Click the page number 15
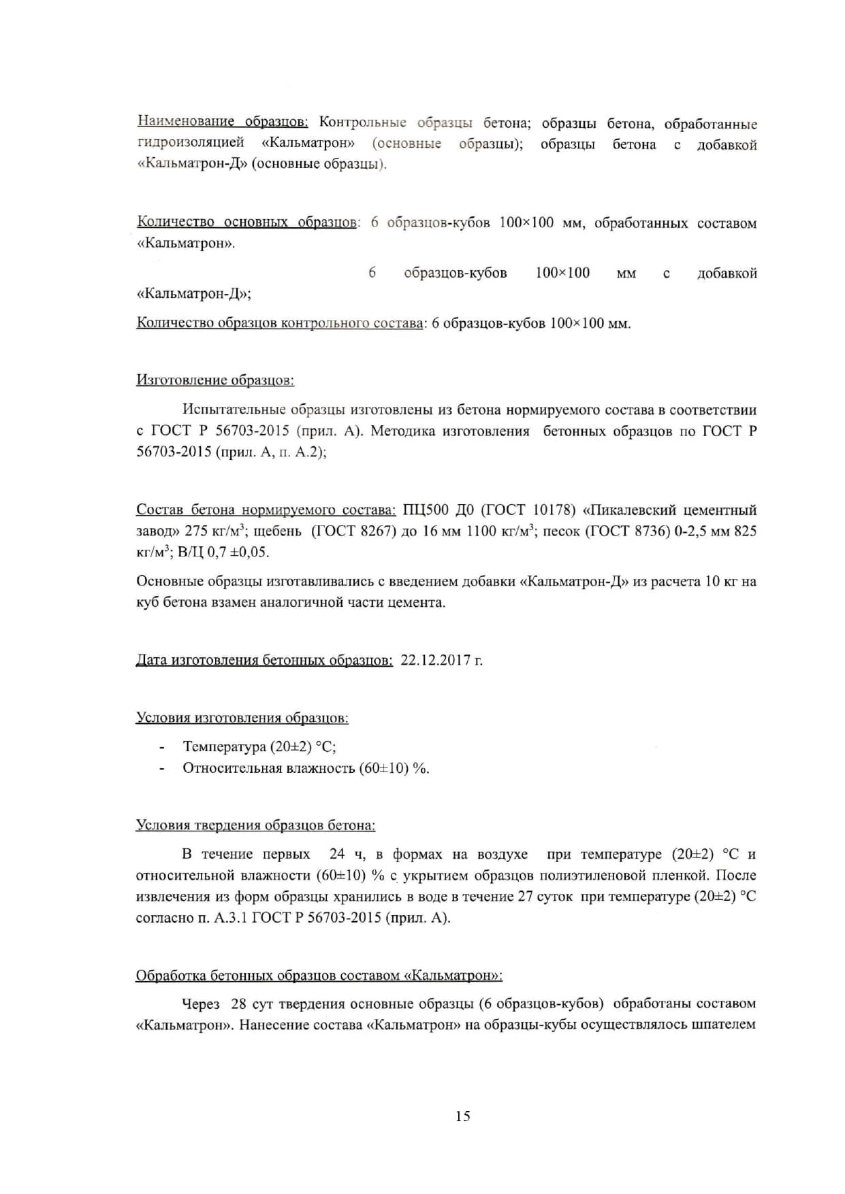tap(463, 1116)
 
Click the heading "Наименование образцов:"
tap(223, 122)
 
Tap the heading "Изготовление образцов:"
tap(215, 380)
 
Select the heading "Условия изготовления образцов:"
tap(242, 718)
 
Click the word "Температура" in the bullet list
tap(224, 746)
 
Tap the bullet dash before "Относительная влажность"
tap(162, 769)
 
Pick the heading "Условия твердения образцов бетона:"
tap(255, 825)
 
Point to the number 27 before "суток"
tap(525, 896)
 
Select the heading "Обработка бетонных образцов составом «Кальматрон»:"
tap(319, 976)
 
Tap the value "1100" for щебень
tap(481, 531)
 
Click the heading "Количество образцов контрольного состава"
tap(280, 323)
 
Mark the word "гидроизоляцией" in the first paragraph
tap(191, 143)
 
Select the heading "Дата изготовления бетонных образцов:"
tap(264, 660)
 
